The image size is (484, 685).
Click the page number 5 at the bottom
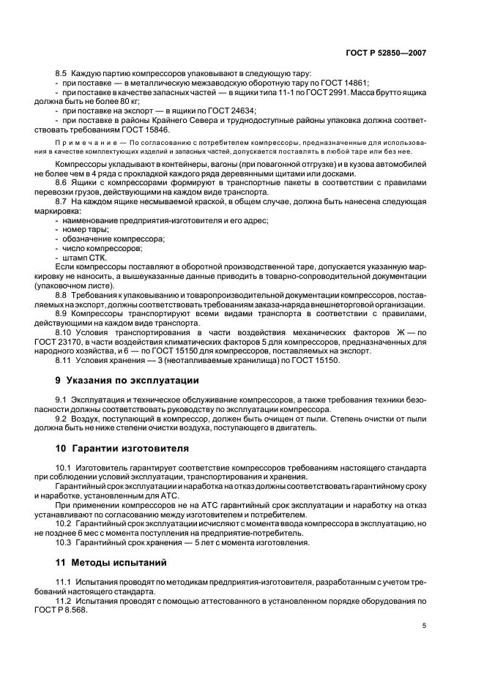(x=425, y=626)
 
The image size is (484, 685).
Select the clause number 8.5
(x=62, y=75)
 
